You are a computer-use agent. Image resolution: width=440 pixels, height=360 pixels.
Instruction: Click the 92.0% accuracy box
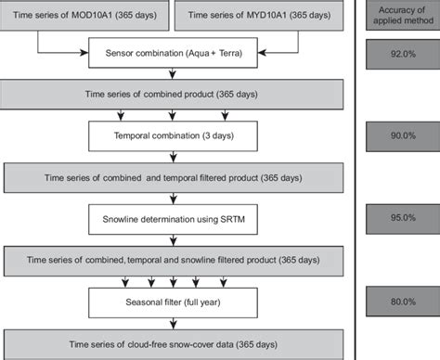pos(399,55)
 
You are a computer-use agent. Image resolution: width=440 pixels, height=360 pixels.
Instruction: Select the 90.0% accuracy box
pos(399,136)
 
